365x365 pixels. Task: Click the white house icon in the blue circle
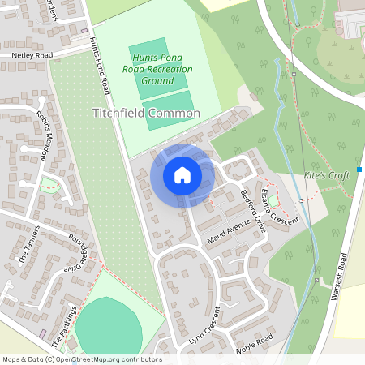[x=182, y=175]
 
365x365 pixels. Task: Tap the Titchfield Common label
[x=146, y=114]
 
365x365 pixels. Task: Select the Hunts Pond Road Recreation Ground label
[x=162, y=69]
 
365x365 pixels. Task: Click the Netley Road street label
[x=32, y=56]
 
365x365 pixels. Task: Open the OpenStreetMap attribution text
[x=82, y=359]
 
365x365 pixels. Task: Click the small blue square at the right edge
[x=359, y=169]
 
